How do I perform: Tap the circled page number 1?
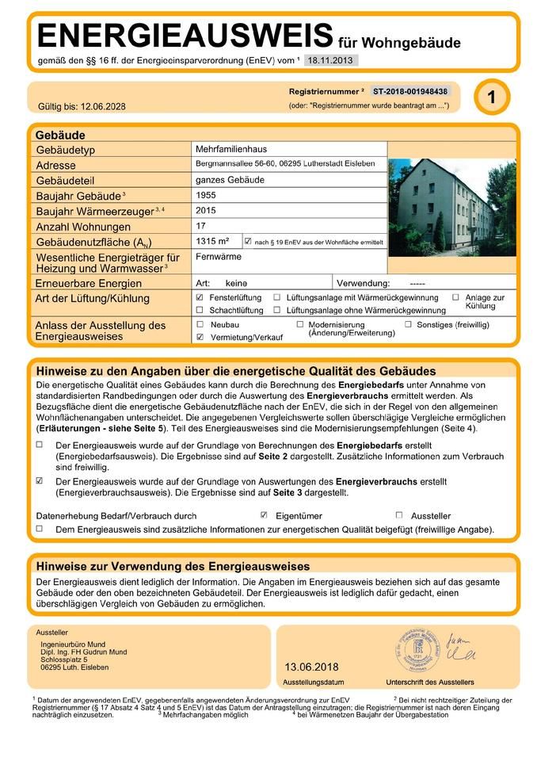[491, 98]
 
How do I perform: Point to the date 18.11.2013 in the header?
[331, 59]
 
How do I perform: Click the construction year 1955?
[205, 194]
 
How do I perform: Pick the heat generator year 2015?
[205, 210]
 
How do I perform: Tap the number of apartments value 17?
[200, 225]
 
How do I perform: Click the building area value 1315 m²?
[211, 241]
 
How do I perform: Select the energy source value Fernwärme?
[218, 257]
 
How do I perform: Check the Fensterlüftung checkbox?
[200, 297]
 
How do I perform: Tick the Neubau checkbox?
[200, 324]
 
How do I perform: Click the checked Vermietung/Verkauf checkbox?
[200, 337]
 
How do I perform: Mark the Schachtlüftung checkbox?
[200, 310]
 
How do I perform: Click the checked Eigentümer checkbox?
[265, 514]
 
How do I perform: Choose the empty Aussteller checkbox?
[399, 514]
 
